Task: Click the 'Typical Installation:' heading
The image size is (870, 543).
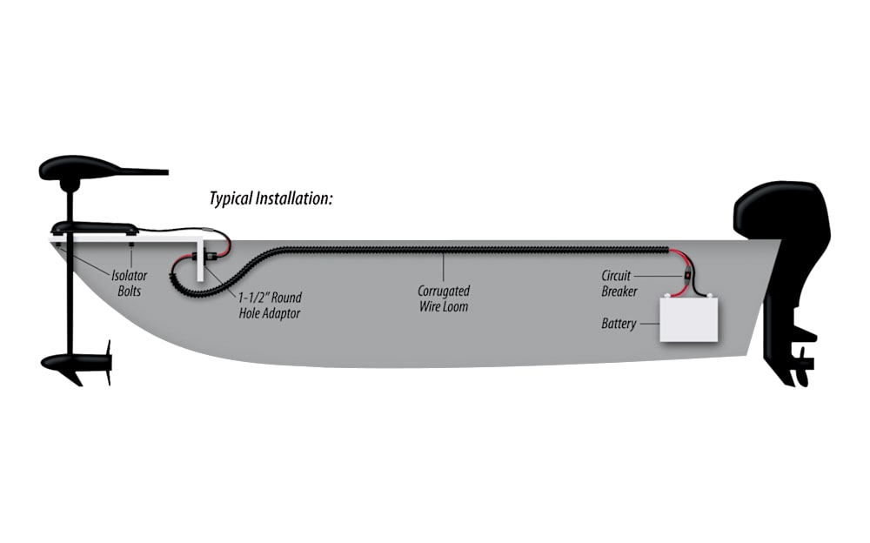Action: (x=271, y=198)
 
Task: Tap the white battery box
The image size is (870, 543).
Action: (x=690, y=318)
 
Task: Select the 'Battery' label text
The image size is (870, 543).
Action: (x=619, y=324)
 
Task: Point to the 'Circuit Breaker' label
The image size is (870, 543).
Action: (x=619, y=284)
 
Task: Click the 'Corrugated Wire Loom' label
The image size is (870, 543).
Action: (x=443, y=298)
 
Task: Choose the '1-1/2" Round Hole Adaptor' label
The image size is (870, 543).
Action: (x=270, y=305)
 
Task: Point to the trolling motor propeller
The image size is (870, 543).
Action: (x=108, y=361)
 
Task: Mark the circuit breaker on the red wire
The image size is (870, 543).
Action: (x=687, y=280)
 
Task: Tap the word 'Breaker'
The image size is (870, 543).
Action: (x=619, y=292)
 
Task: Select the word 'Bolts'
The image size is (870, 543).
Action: (x=129, y=291)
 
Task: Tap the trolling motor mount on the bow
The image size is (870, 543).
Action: (x=95, y=228)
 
